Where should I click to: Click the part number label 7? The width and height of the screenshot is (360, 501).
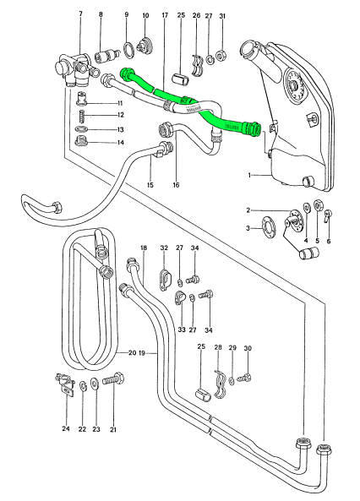click(x=80, y=14)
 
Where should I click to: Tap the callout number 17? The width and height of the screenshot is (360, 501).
click(x=165, y=15)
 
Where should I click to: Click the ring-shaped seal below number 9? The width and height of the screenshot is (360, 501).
click(x=128, y=50)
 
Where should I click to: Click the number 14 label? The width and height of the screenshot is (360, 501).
click(x=120, y=143)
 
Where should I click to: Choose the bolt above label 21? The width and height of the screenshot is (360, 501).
click(x=114, y=380)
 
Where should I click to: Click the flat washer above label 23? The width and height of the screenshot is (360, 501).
click(x=95, y=383)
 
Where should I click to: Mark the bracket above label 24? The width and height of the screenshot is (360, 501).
click(x=65, y=384)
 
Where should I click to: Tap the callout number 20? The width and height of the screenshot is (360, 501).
click(x=132, y=353)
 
